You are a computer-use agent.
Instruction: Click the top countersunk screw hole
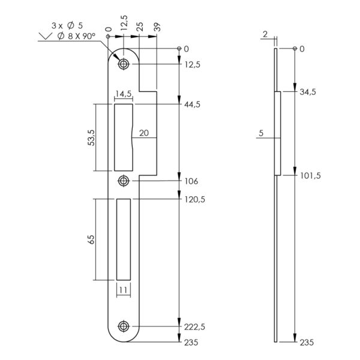click(x=124, y=64)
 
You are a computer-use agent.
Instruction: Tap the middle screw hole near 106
click(x=124, y=181)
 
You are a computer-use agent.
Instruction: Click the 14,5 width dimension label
click(x=124, y=94)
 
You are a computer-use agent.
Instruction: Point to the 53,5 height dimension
click(x=91, y=137)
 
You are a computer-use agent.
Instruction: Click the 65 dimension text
click(x=91, y=239)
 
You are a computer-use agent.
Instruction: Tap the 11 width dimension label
click(x=124, y=290)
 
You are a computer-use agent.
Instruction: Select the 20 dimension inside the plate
click(x=144, y=133)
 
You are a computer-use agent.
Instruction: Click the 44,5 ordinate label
click(x=192, y=104)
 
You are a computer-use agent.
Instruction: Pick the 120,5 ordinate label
click(x=194, y=200)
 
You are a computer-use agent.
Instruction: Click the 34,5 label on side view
click(x=308, y=92)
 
